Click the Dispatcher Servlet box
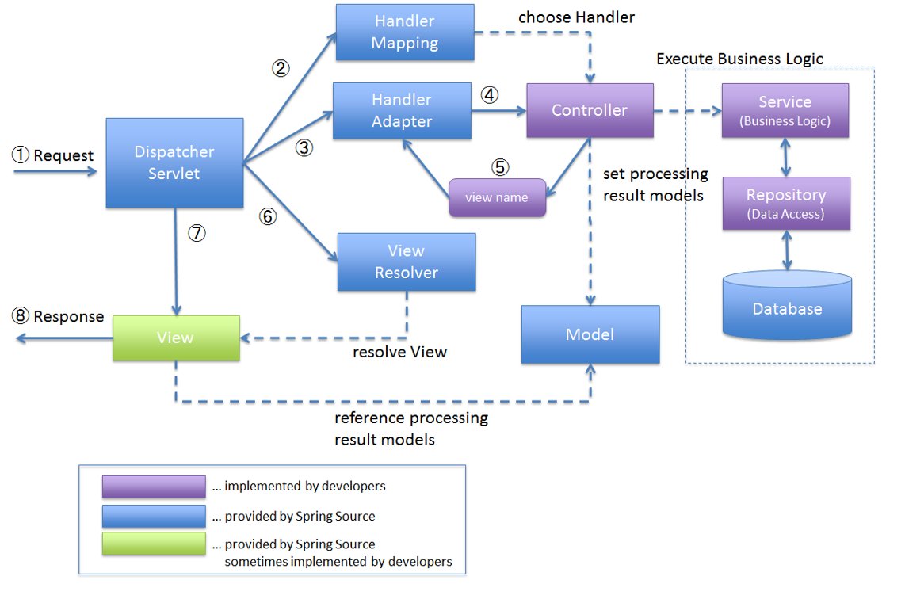click(x=174, y=162)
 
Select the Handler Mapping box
click(x=405, y=32)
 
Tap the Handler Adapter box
click(x=402, y=111)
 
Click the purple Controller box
click(x=590, y=110)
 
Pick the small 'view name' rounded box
click(x=497, y=197)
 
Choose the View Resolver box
click(x=407, y=261)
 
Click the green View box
click(x=176, y=338)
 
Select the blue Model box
click(x=590, y=334)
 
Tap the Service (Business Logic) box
click(x=785, y=110)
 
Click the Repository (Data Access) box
click(x=785, y=203)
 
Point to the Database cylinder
click(x=787, y=307)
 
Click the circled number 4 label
click(x=490, y=94)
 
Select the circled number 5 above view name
click(x=499, y=167)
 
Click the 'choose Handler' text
click(x=576, y=17)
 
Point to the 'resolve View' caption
click(x=399, y=352)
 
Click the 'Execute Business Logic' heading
click(x=739, y=59)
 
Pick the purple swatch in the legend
click(x=154, y=486)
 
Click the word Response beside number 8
click(x=69, y=316)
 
